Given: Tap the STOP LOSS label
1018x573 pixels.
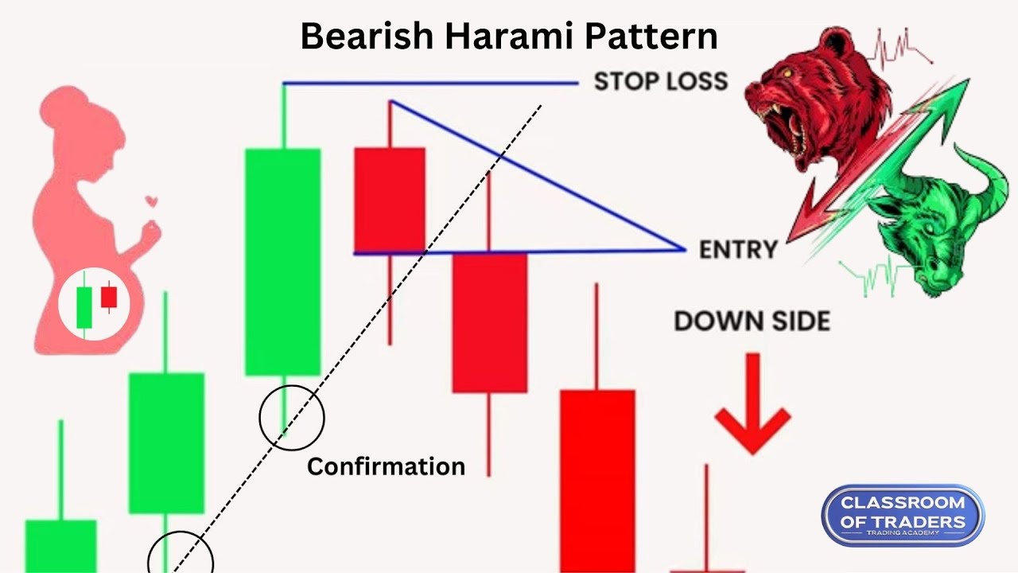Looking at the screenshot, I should (660, 81).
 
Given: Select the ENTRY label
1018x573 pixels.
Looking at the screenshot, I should (737, 250).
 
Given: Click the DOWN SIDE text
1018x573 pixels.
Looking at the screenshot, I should (752, 321).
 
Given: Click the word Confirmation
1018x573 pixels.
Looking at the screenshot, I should (386, 466).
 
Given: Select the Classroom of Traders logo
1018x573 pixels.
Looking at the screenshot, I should (903, 515).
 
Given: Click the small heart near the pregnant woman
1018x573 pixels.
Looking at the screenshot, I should (150, 202).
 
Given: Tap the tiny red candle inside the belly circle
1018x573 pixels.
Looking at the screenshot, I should (108, 298).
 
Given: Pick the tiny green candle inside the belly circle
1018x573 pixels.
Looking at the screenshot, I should (84, 306).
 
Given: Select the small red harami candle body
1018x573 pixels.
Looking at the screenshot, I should (389, 199).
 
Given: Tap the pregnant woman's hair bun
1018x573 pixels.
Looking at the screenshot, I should (60, 103).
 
